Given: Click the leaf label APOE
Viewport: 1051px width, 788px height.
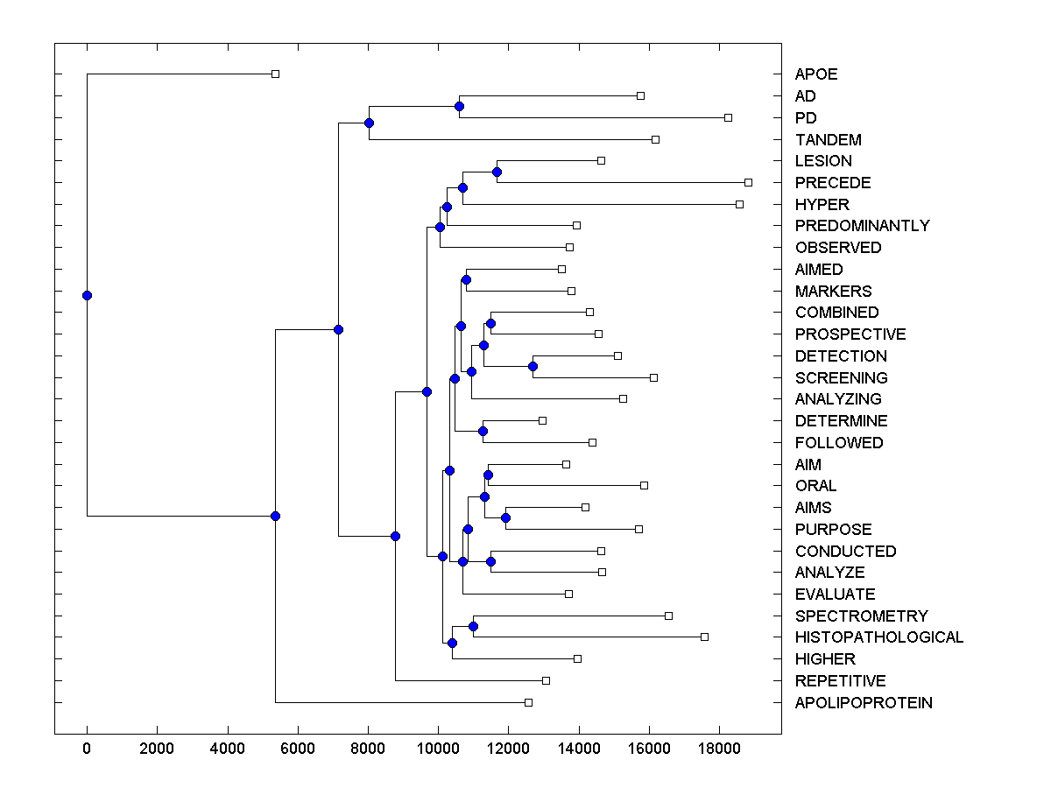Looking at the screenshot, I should [815, 74].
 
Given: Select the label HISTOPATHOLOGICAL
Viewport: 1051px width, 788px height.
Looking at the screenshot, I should [878, 637].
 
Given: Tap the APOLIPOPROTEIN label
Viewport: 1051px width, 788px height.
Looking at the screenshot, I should [863, 703].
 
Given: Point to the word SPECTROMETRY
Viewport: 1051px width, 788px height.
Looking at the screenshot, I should [861, 616].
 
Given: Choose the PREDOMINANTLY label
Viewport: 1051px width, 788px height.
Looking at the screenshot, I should [862, 226].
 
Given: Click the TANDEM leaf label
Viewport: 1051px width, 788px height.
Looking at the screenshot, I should [828, 140].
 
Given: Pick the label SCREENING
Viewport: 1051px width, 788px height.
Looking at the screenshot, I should [841, 378].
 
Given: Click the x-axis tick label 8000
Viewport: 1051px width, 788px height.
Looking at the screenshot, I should [368, 747].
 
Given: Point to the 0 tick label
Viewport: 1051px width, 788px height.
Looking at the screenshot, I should [87, 747].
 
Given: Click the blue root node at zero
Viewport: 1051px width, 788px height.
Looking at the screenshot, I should [87, 295].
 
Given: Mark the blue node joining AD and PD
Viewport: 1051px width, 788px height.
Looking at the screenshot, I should [459, 106].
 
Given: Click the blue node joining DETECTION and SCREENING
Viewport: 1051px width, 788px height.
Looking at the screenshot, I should [533, 366].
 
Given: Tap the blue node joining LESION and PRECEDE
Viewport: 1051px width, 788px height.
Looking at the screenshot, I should [497, 172].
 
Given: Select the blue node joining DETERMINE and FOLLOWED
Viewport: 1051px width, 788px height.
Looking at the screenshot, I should [483, 431].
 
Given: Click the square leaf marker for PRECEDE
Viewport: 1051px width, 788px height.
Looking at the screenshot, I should [748, 182].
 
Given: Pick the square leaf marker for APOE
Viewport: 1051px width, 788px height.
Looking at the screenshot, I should [275, 74].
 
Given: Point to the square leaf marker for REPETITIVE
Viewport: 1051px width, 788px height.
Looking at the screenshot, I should [546, 680].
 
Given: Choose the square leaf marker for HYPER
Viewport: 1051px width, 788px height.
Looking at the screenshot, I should [739, 204].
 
